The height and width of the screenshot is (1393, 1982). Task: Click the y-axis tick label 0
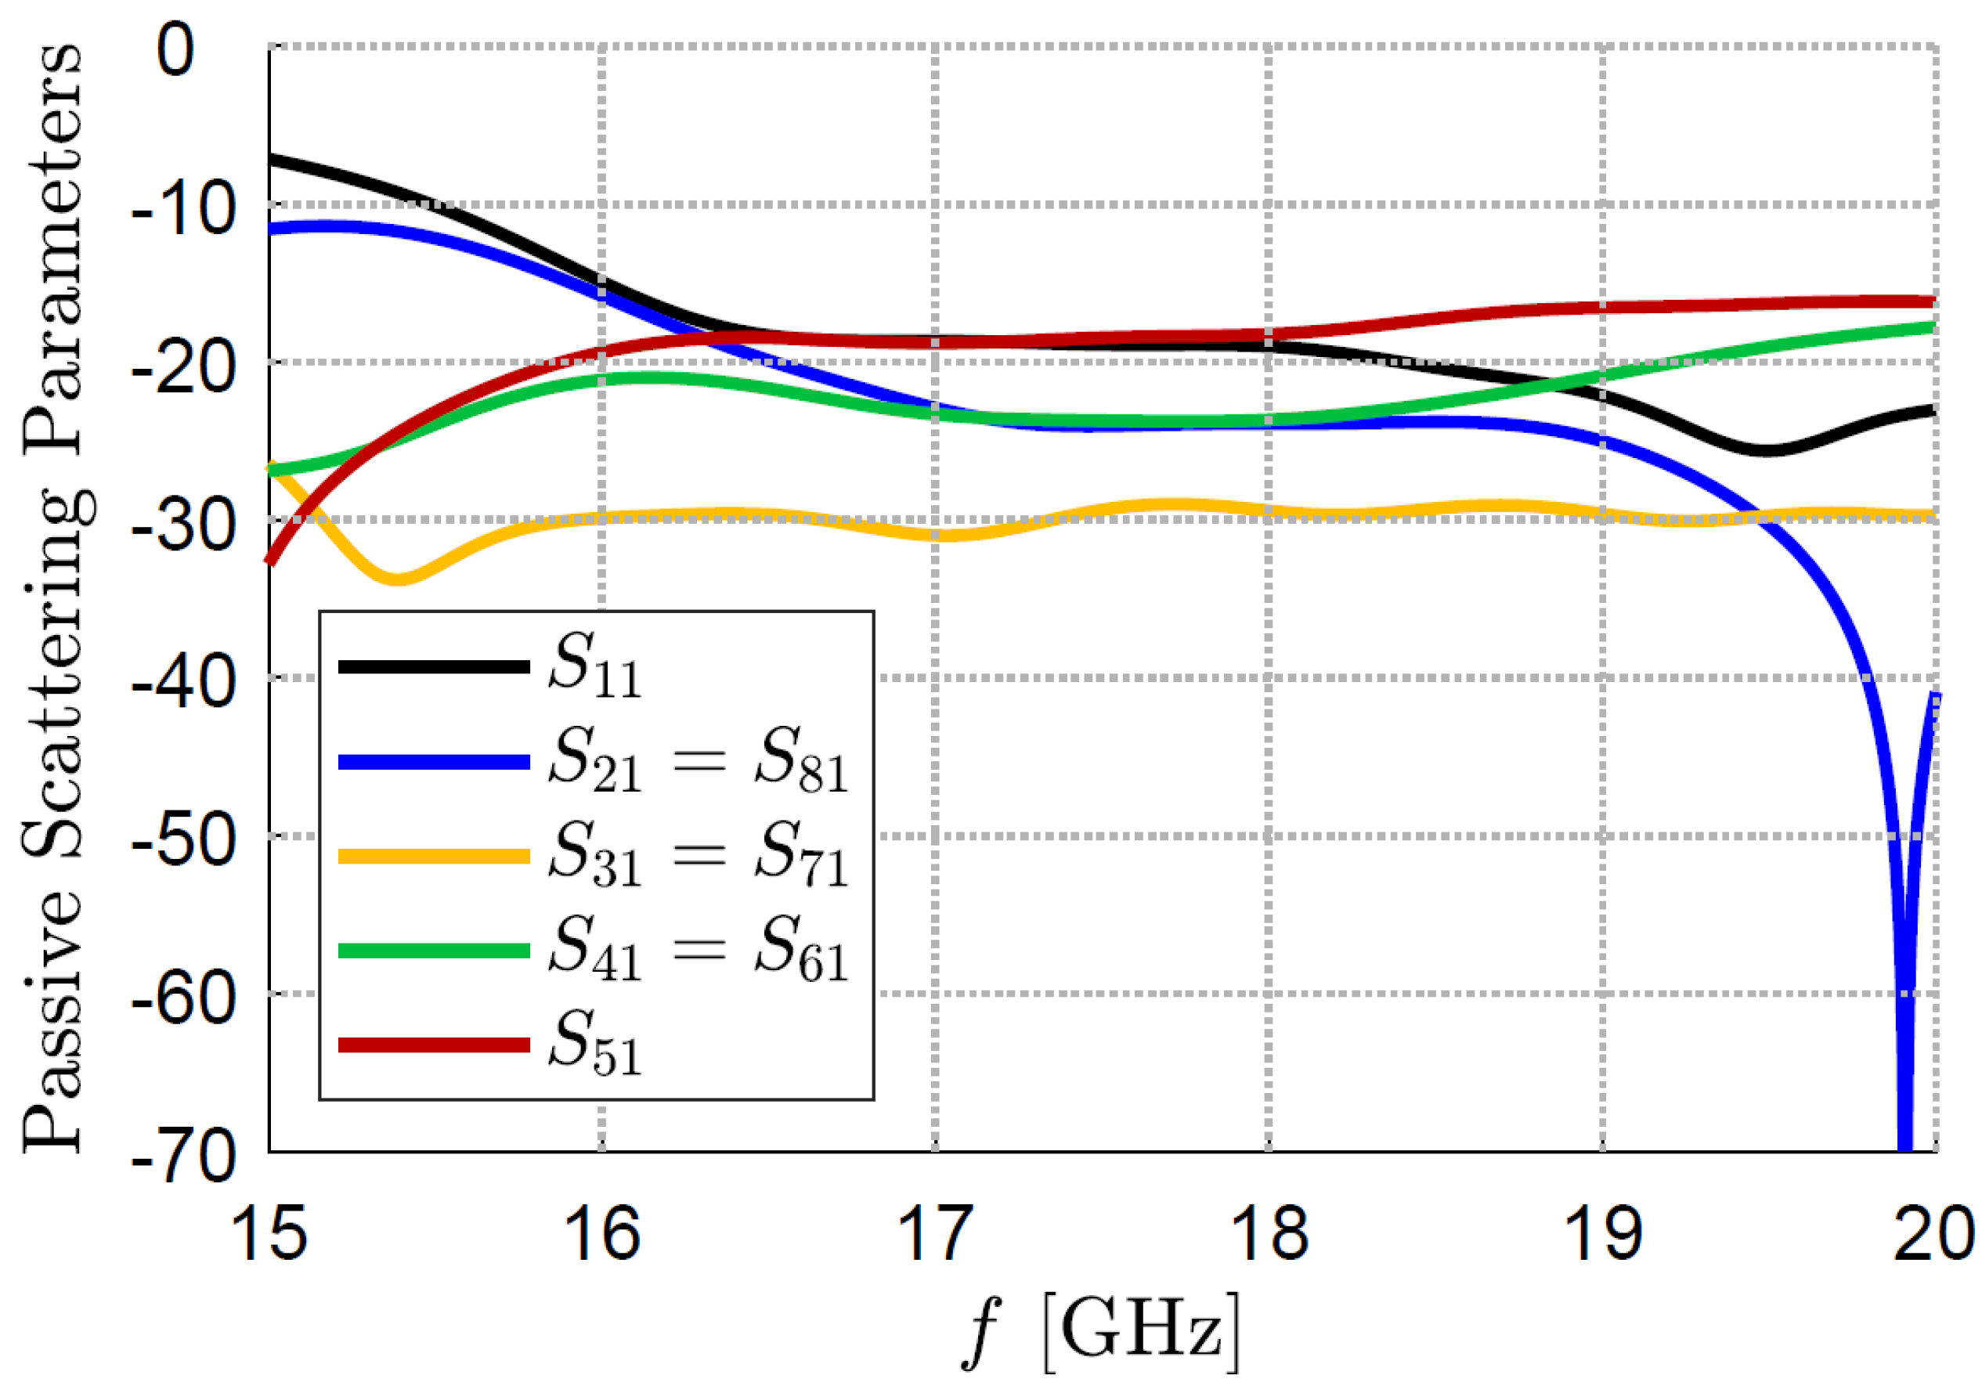(x=176, y=50)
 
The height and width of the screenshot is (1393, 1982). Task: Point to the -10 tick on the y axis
(x=184, y=209)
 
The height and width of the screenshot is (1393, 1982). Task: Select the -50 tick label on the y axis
(x=184, y=839)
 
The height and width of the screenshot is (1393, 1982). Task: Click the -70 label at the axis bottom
(x=184, y=1156)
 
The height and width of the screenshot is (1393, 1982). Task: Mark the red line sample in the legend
(x=433, y=1045)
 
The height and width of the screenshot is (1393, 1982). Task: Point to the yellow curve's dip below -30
(x=396, y=578)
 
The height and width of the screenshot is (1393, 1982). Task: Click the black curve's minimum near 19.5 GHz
(x=1765, y=450)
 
